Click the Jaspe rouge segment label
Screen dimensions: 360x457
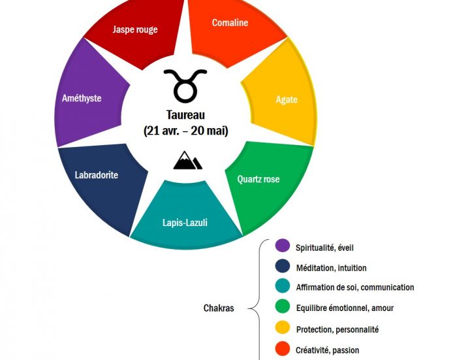coord(135,29)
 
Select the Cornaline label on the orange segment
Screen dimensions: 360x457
coord(230,23)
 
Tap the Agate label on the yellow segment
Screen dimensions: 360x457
coord(287,100)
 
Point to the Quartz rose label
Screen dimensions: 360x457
coord(259,179)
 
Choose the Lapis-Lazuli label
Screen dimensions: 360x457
coord(186,222)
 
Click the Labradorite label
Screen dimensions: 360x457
coord(97,174)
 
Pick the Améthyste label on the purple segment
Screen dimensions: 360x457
coord(82,98)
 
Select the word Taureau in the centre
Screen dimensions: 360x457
coord(186,115)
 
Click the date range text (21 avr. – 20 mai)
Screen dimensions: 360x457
coord(186,130)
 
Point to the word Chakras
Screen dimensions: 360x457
coord(218,308)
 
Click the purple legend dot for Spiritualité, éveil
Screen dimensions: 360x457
coord(283,246)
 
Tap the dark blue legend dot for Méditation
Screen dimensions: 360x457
coord(283,267)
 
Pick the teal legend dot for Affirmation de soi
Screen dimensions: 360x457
coord(283,287)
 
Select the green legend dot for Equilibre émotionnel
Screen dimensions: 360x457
coord(283,308)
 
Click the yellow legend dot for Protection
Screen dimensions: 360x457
coord(283,329)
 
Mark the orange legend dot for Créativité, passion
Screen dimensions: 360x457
coord(283,350)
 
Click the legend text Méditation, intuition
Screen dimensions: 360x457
coord(331,267)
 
